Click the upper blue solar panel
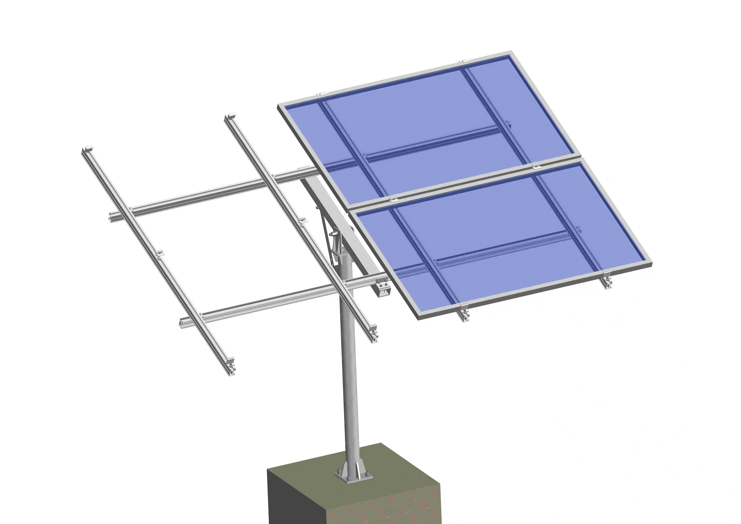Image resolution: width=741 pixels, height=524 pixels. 420,129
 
